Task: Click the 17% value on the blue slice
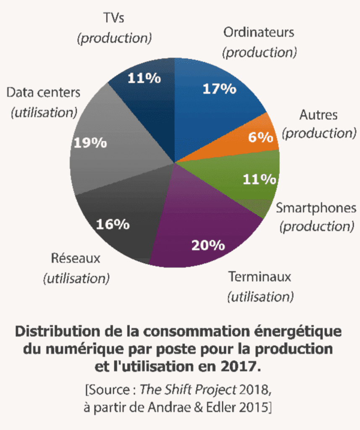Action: (219, 89)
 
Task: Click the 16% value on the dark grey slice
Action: (112, 224)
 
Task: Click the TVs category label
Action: (114, 18)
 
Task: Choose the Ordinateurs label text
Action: (259, 32)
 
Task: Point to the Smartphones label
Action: (316, 207)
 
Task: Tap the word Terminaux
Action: (260, 277)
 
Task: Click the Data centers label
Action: (43, 93)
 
